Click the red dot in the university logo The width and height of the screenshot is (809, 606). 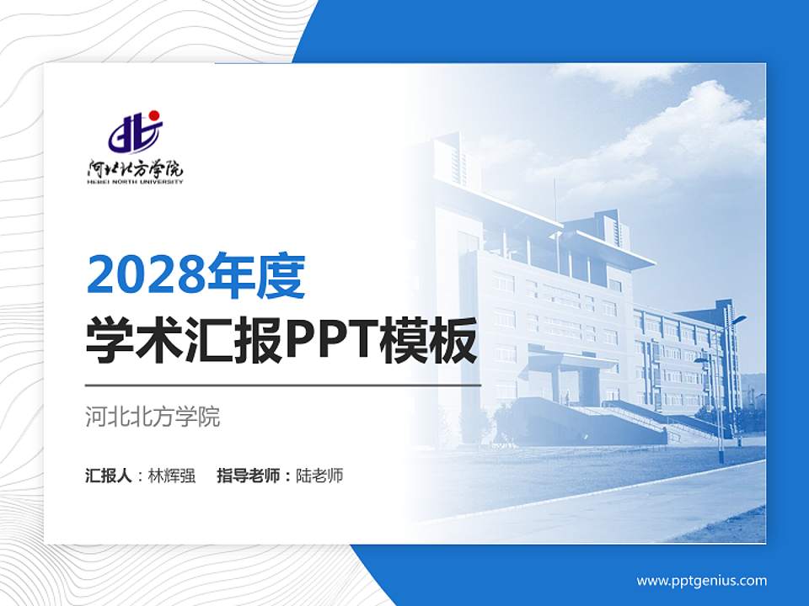154,115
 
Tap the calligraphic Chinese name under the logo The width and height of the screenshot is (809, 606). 135,167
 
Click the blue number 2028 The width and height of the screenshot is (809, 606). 146,277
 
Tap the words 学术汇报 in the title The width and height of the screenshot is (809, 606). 184,340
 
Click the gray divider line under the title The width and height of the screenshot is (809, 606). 283,385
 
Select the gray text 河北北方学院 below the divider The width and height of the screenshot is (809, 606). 153,417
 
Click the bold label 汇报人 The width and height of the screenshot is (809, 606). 108,476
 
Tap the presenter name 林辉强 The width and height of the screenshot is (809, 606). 172,476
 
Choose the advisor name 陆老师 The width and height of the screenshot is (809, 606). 319,476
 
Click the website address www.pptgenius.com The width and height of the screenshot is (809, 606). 701,580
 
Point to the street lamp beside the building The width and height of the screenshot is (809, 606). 721,387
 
